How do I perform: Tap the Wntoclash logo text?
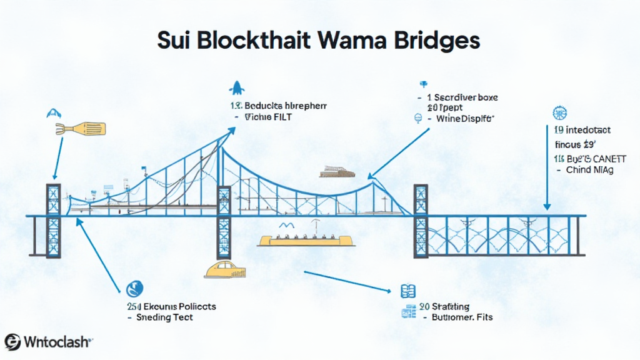point(57,342)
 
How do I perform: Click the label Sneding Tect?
point(164,317)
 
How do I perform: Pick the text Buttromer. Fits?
point(462,317)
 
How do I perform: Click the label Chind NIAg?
point(590,169)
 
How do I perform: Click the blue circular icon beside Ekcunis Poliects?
point(133,289)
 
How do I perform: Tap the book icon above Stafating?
point(407,291)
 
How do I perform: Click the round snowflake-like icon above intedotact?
point(559,113)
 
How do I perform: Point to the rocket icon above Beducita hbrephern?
point(238,88)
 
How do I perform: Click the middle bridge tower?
point(223,222)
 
